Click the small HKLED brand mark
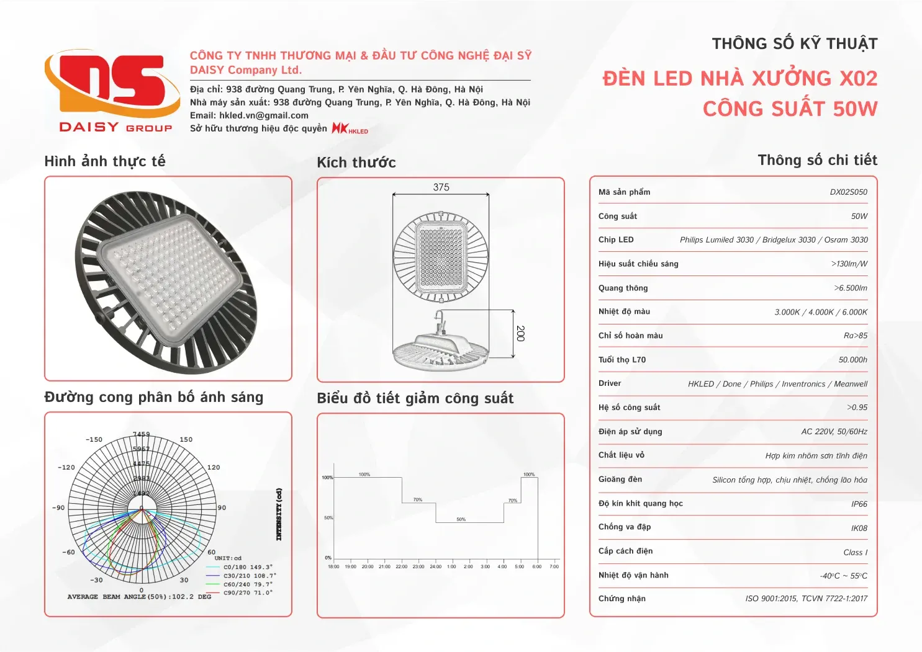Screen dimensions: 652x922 pyautogui.click(x=350, y=128)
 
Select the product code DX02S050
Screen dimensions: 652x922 pyautogui.click(x=848, y=192)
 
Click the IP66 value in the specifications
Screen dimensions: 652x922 pyautogui.click(x=859, y=504)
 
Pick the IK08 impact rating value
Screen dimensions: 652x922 pyautogui.click(x=859, y=529)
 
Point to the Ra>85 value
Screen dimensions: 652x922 pyautogui.click(x=855, y=336)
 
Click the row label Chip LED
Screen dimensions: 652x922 pyautogui.click(x=616, y=240)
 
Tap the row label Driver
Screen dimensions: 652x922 pyautogui.click(x=610, y=383)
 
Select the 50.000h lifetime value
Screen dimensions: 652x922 pyautogui.click(x=852, y=360)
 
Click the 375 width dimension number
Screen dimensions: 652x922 pyautogui.click(x=441, y=187)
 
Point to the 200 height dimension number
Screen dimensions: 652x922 pyautogui.click(x=520, y=333)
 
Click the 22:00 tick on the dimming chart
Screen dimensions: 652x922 pyautogui.click(x=402, y=566)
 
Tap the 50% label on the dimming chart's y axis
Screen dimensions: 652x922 pyautogui.click(x=328, y=517)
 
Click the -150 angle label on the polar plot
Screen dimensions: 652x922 pyautogui.click(x=94, y=440)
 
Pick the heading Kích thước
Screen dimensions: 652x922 pyautogui.click(x=356, y=163)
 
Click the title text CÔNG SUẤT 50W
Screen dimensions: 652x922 pyautogui.click(x=790, y=109)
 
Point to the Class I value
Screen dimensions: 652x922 pyautogui.click(x=855, y=553)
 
